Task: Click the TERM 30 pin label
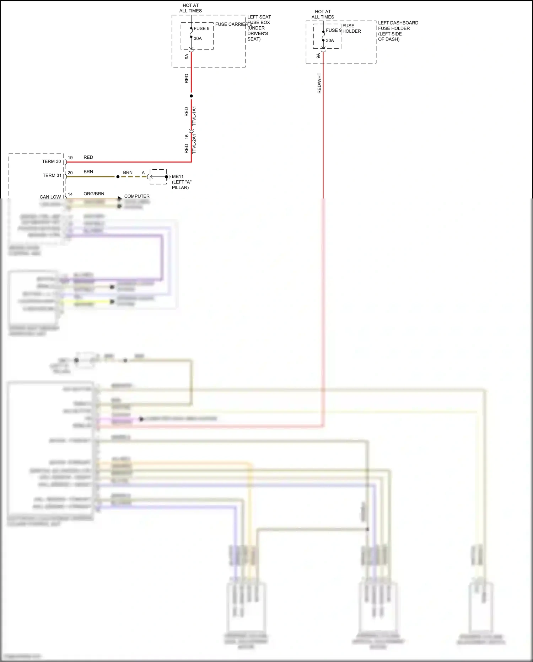coord(52,161)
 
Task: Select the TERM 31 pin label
coord(52,175)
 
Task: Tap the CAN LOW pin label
coord(50,197)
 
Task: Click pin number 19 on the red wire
coord(70,158)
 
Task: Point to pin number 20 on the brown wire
coord(70,173)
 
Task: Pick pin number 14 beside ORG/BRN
coord(70,195)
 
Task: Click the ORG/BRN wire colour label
coord(94,194)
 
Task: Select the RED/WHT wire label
coord(319,84)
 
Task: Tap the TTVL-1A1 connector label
coord(194,116)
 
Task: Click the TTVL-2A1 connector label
coord(194,144)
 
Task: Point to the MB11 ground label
coord(178,176)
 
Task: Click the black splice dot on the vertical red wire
coord(191,96)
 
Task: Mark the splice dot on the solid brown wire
coord(118,177)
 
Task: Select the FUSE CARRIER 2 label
coord(233,24)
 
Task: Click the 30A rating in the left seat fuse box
coord(198,38)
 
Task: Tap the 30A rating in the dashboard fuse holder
coord(330,41)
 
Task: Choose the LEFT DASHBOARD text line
coord(398,23)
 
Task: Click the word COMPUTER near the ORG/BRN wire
coord(137,196)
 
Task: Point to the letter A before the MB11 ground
coord(143,173)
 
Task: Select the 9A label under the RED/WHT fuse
coord(318,56)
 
